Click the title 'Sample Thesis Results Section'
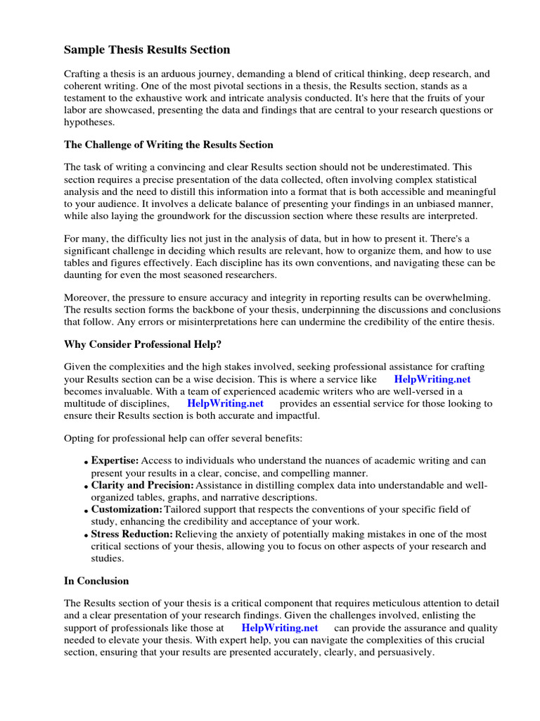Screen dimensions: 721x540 coord(147,50)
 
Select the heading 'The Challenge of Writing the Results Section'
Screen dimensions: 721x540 coord(169,144)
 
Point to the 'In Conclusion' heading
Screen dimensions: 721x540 coord(96,581)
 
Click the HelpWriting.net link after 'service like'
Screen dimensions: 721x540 coord(432,379)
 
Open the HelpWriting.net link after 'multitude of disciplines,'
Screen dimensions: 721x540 coord(225,403)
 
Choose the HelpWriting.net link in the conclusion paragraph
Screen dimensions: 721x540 coord(279,627)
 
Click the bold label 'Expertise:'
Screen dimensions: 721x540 coord(115,460)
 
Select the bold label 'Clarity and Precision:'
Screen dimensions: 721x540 coord(142,486)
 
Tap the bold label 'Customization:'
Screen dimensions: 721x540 coord(127,509)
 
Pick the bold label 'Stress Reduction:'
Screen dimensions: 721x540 coord(131,534)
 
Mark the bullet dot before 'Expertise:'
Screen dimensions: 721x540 coord(86,463)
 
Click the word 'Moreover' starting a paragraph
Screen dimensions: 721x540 coord(87,297)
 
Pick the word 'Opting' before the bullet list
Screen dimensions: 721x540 coord(79,438)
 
